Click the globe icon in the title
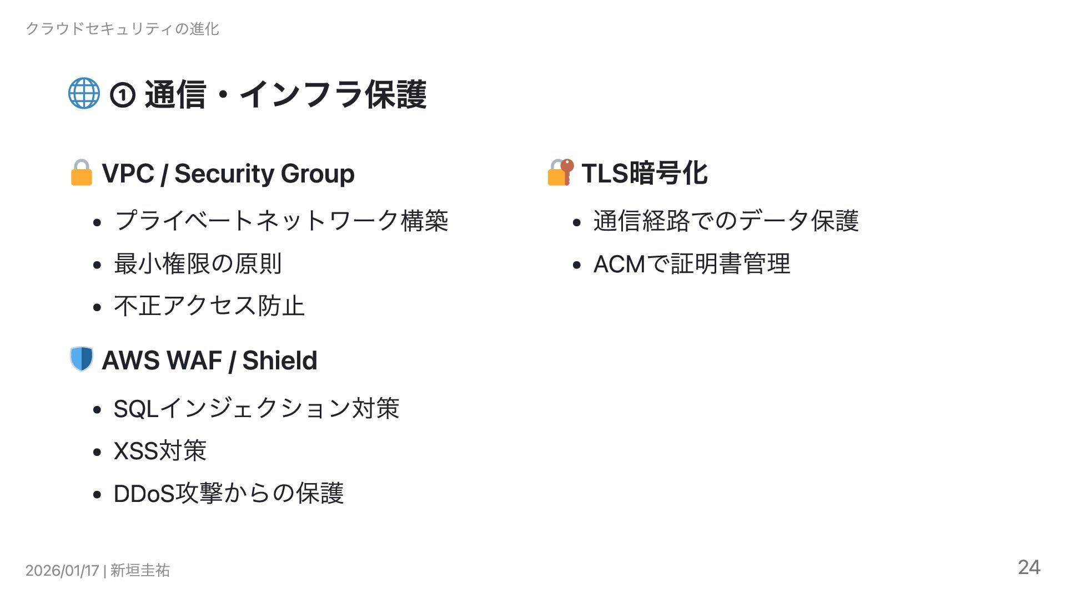click(x=84, y=94)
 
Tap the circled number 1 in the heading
click(x=123, y=95)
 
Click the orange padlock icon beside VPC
click(x=82, y=173)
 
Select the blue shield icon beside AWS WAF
click(x=82, y=359)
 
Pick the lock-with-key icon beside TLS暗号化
click(x=560, y=172)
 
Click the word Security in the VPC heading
click(x=224, y=174)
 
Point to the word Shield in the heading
click(x=279, y=361)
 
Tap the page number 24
click(x=1029, y=567)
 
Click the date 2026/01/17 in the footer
click(x=62, y=570)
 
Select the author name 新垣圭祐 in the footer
click(x=140, y=570)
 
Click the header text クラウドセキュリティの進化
click(x=122, y=29)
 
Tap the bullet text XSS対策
click(x=160, y=451)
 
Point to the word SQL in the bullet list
click(x=136, y=409)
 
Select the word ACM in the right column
click(x=619, y=264)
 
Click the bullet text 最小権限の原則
click(x=198, y=264)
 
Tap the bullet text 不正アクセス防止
click(x=209, y=306)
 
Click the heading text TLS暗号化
click(x=644, y=174)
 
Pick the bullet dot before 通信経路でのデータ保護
click(x=577, y=223)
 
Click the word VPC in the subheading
click(x=128, y=174)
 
